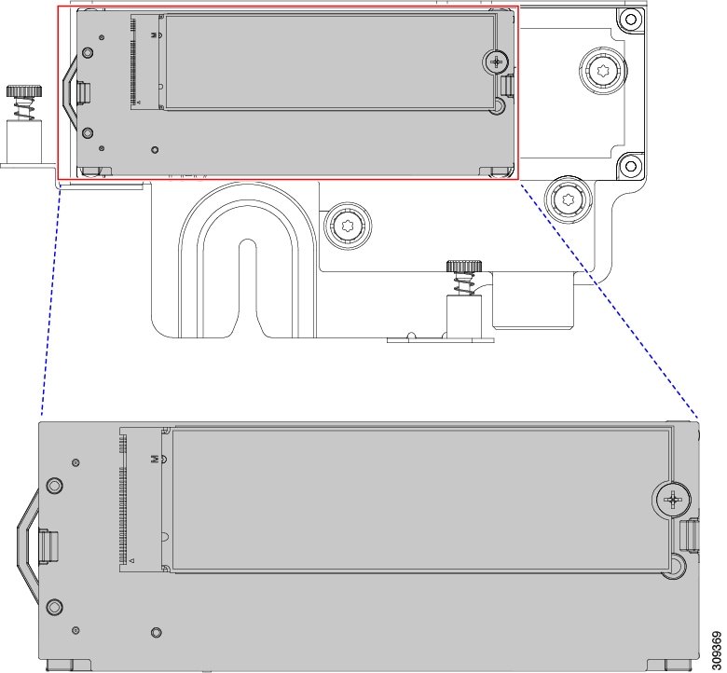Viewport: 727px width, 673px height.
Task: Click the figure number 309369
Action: click(x=717, y=648)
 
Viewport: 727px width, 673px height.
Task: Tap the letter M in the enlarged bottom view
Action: click(x=155, y=459)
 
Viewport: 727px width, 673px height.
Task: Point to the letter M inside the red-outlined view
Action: click(x=154, y=34)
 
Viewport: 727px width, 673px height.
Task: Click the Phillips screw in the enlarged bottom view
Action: click(x=672, y=500)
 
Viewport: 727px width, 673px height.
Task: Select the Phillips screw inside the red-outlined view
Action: click(x=496, y=61)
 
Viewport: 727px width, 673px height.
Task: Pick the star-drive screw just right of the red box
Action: click(x=602, y=71)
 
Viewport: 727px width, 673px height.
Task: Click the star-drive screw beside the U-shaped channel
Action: click(x=348, y=226)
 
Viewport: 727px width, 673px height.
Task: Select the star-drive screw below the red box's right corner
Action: click(x=569, y=199)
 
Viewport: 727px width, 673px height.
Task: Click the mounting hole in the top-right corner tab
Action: click(x=631, y=20)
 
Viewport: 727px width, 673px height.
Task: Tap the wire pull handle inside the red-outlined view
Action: click(x=68, y=92)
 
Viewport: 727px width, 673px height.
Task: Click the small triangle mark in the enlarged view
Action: click(x=131, y=560)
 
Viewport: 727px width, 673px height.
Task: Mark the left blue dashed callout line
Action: click(x=51, y=299)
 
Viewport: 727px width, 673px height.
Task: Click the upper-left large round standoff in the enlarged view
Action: click(x=54, y=486)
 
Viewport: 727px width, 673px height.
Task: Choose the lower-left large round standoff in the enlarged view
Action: click(x=54, y=606)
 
